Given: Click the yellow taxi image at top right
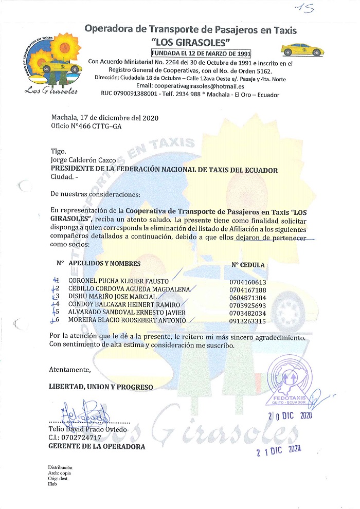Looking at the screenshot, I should [x=302, y=50].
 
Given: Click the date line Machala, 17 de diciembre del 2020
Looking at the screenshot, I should [x=105, y=118].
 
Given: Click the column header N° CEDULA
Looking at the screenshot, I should [x=248, y=265].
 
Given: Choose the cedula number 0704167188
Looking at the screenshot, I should [x=248, y=289].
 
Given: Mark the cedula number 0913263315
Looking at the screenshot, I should [x=248, y=321].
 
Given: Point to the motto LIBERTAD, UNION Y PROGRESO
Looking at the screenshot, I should [x=100, y=387].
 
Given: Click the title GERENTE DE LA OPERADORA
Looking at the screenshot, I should [x=97, y=446].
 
